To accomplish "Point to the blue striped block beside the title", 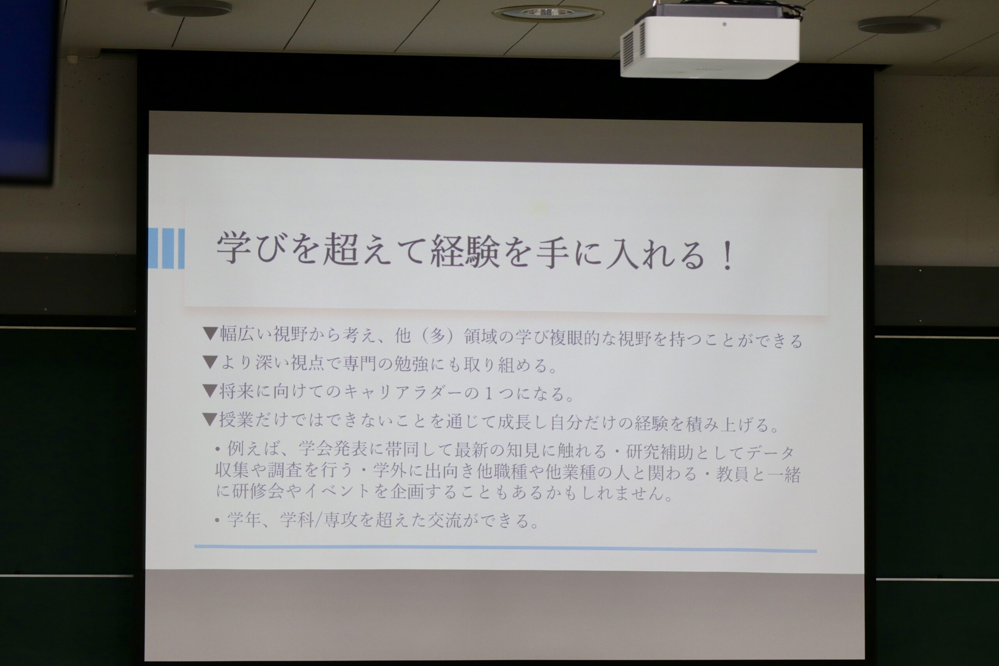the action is [167, 249].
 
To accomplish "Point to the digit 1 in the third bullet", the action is [489, 393].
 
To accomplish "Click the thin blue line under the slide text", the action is [505, 548].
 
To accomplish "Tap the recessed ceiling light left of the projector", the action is [547, 14].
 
